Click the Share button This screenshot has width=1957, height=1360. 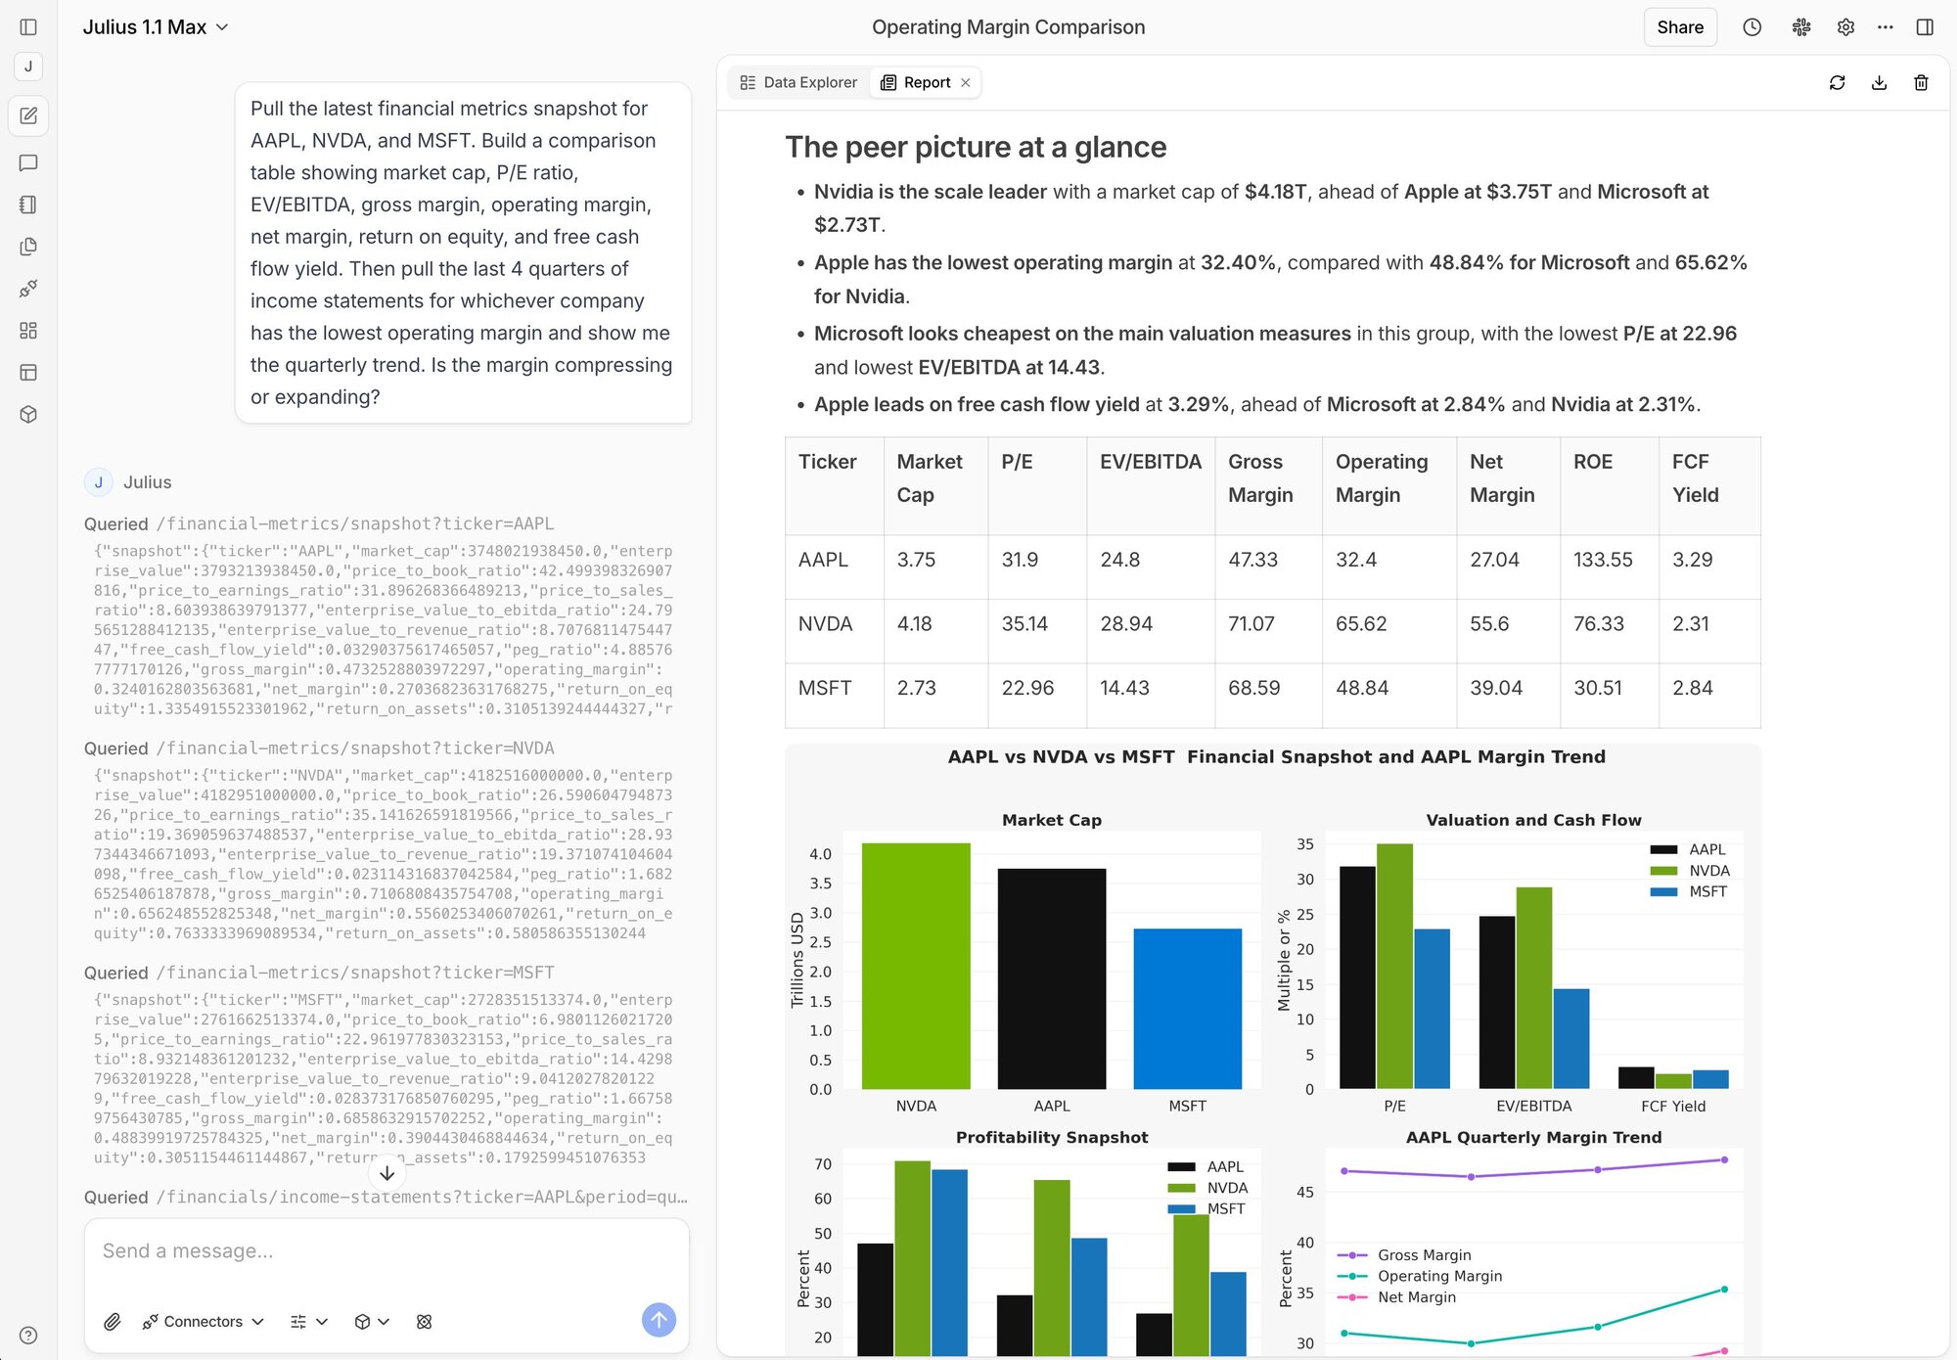pyautogui.click(x=1679, y=27)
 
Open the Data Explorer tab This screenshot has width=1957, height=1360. pyautogui.click(x=798, y=82)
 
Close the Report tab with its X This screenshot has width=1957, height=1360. pyautogui.click(x=966, y=82)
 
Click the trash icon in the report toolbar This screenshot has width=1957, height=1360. pyautogui.click(x=1920, y=82)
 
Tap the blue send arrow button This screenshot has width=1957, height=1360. pyautogui.click(x=659, y=1320)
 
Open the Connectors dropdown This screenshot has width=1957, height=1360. pyautogui.click(x=204, y=1321)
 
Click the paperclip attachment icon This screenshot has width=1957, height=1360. pyautogui.click(x=113, y=1321)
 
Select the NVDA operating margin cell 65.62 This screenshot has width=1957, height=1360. pyautogui.click(x=1360, y=623)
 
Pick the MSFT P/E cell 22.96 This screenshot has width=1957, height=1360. pyautogui.click(x=1026, y=688)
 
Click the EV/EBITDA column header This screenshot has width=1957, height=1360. pyautogui.click(x=1150, y=462)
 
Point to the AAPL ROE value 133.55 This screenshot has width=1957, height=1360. pyautogui.click(x=1602, y=560)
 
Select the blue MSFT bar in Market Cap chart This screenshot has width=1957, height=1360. pyautogui.click(x=1187, y=1008)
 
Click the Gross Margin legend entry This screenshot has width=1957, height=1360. pyautogui.click(x=1423, y=1254)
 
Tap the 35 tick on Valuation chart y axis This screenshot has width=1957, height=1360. pyautogui.click(x=1304, y=844)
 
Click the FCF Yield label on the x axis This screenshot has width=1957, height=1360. pyautogui.click(x=1672, y=1106)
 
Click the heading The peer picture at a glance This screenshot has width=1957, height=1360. pyautogui.click(x=975, y=147)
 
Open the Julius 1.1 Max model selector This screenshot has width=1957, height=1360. pyautogui.click(x=155, y=27)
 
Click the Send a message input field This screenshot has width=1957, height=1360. pyautogui.click(x=386, y=1251)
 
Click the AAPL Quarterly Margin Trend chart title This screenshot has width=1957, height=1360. pyautogui.click(x=1532, y=1137)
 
